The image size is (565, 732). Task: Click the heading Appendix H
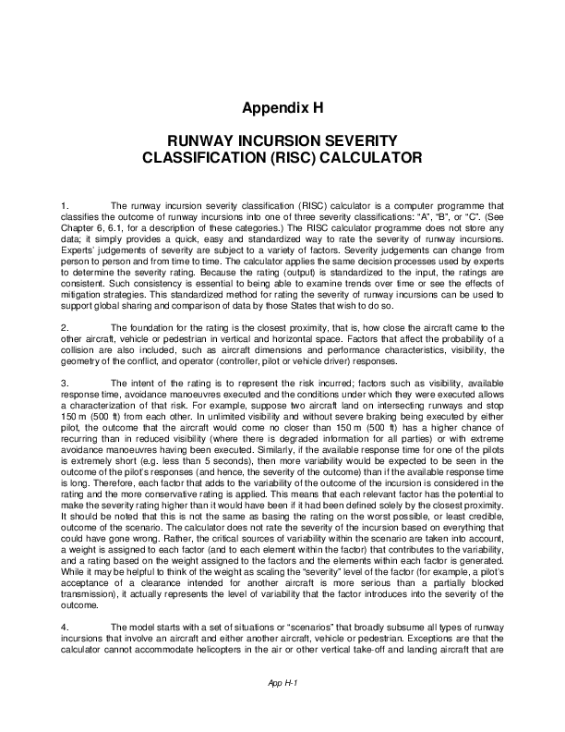282,107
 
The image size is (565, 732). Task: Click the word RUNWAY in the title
199,141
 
